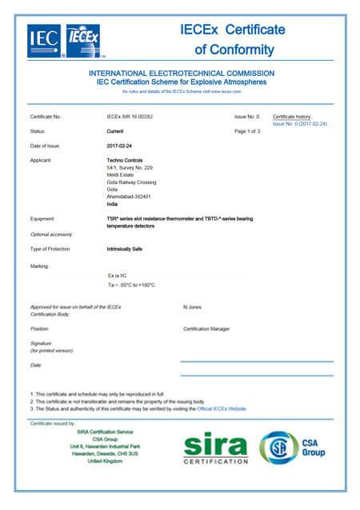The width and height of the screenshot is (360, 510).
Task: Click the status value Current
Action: click(x=116, y=131)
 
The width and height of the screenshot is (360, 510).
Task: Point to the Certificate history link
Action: click(x=292, y=117)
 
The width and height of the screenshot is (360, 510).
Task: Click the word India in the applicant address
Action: click(x=112, y=203)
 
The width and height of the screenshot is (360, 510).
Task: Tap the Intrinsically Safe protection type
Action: click(x=125, y=250)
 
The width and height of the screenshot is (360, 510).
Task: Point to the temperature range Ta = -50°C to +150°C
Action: click(x=130, y=285)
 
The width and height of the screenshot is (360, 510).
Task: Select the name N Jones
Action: click(x=194, y=307)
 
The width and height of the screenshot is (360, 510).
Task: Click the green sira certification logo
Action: click(x=215, y=449)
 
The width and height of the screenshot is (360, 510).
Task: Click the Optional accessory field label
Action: click(x=51, y=234)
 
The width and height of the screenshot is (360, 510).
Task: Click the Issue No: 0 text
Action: click(x=247, y=117)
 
